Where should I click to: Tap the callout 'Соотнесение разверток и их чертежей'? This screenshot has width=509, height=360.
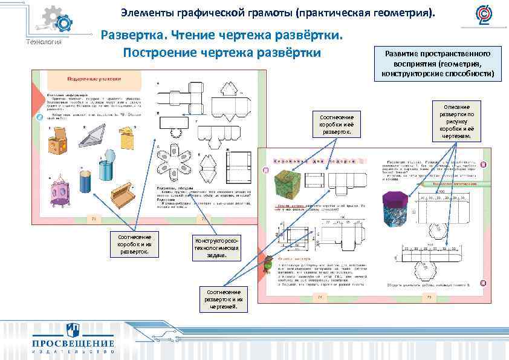click(x=224, y=299)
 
